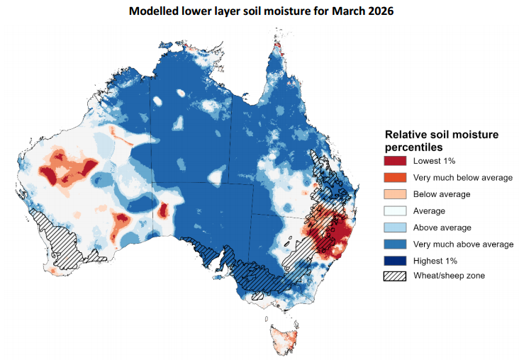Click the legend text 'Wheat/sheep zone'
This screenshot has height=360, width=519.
coord(449,276)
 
